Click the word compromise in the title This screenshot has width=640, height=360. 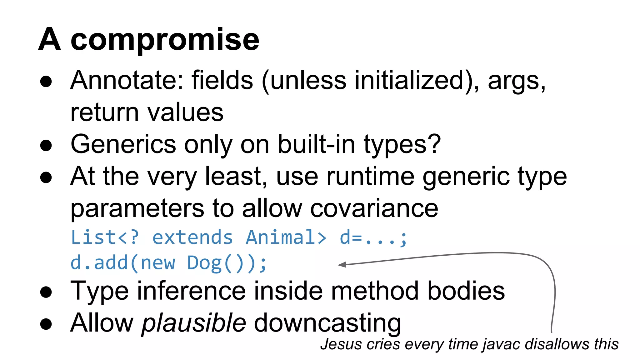click(165, 40)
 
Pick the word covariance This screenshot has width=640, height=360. click(374, 209)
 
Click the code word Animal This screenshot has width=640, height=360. click(286, 237)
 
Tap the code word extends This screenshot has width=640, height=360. click(192, 237)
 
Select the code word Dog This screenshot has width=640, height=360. click(205, 263)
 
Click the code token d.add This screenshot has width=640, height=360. click(99, 263)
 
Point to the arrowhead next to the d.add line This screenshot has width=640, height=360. click(342, 265)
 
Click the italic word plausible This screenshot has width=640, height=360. click(194, 323)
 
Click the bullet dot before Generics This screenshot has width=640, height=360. click(46, 145)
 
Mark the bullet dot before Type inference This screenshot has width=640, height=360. click(46, 292)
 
